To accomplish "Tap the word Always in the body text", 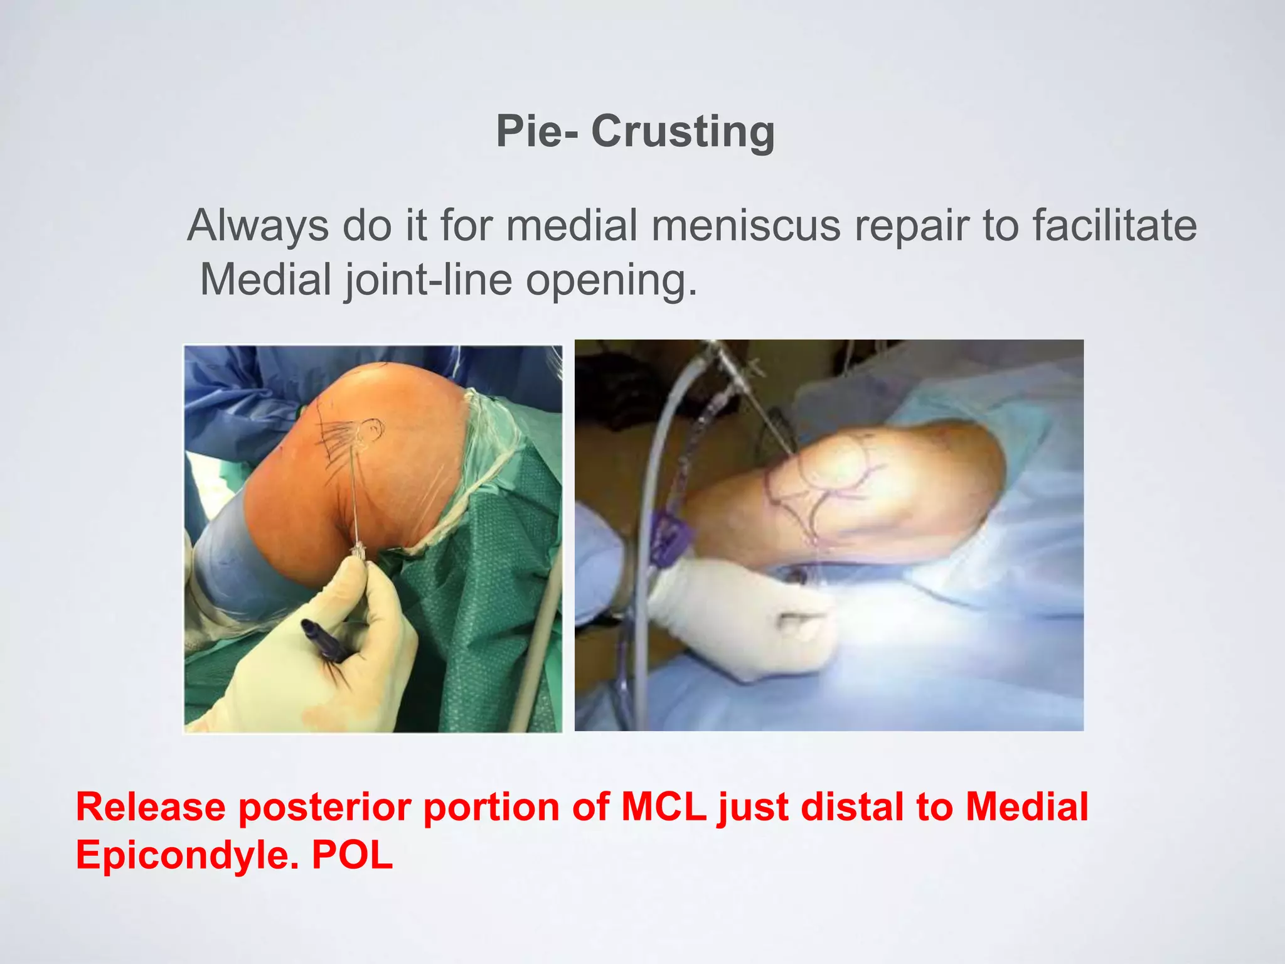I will [x=258, y=226].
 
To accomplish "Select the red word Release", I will [x=151, y=808].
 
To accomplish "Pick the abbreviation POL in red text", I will [x=352, y=855].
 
